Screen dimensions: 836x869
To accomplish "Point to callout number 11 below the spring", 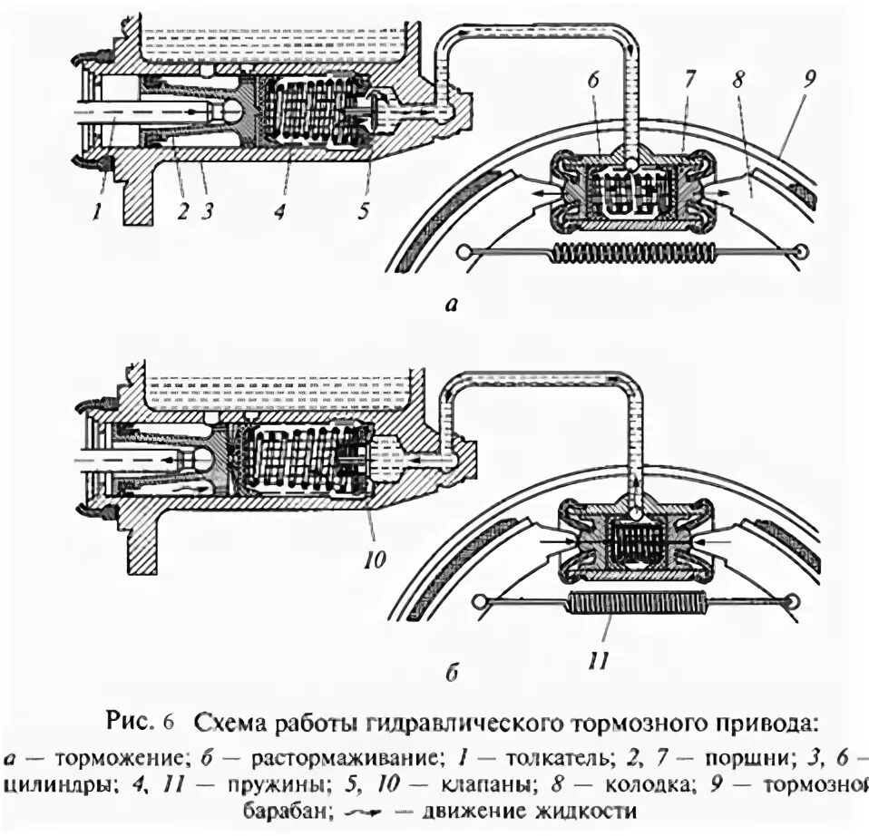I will [597, 659].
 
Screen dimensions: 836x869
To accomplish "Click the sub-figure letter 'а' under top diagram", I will [451, 306].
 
